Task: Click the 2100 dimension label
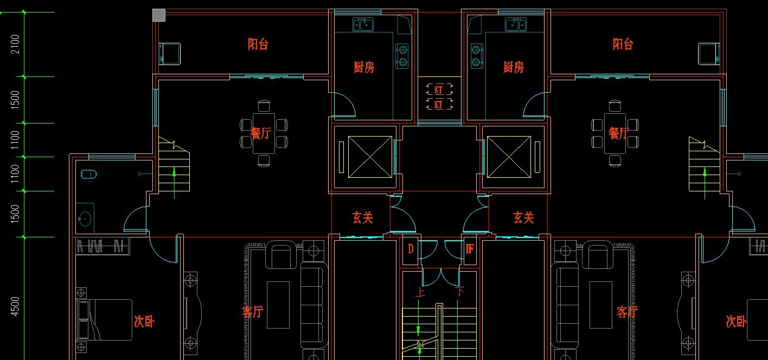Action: (x=15, y=44)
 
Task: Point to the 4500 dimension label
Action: (x=15, y=306)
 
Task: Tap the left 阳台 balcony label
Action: (x=258, y=44)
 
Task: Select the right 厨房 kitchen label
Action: (x=513, y=67)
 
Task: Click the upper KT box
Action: (x=439, y=89)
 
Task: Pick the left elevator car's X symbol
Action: (x=369, y=157)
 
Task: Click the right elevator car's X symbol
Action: (x=509, y=157)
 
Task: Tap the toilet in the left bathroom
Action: (x=88, y=174)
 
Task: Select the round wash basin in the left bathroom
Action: (x=85, y=219)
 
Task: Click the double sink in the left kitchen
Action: (x=363, y=24)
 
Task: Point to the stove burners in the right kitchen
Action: (x=476, y=56)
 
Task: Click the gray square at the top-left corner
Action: (x=158, y=15)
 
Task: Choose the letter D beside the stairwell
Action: (x=411, y=249)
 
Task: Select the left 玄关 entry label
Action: (x=362, y=218)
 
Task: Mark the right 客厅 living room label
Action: (x=626, y=312)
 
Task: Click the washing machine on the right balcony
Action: (x=709, y=54)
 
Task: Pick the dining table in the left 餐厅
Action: (x=264, y=133)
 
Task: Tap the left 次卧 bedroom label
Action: (x=144, y=322)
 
